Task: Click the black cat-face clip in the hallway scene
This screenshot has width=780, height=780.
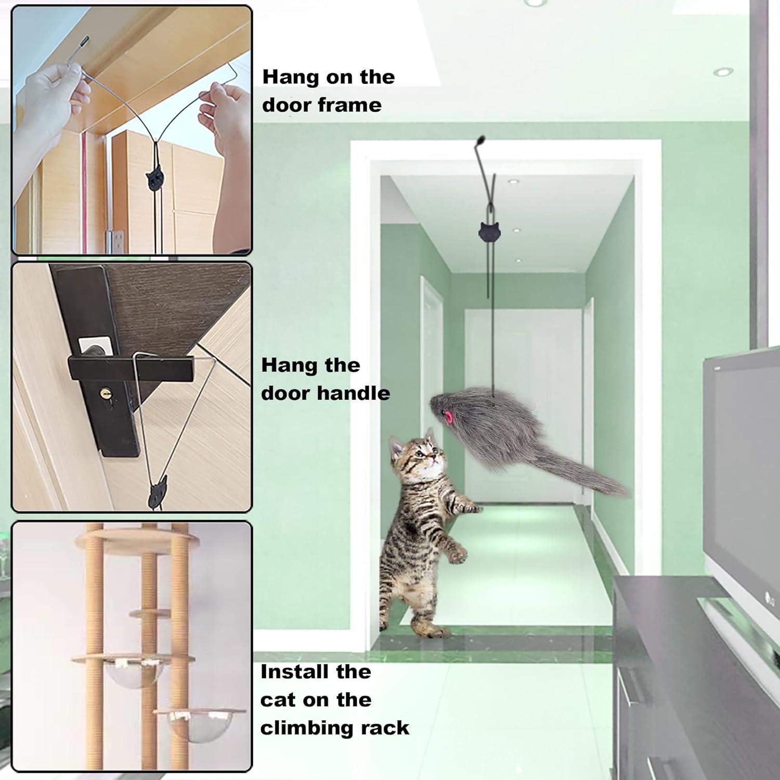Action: click(489, 230)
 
